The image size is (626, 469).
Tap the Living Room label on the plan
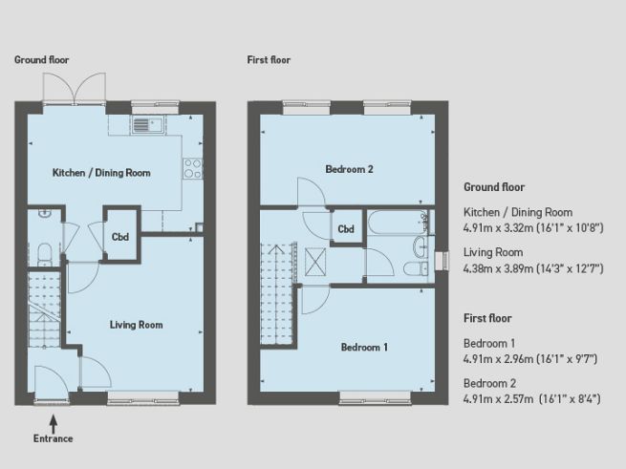(x=136, y=325)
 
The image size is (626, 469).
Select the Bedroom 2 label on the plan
(x=349, y=169)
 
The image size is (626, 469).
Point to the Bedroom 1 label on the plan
(x=364, y=347)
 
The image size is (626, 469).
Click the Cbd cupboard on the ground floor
(x=121, y=236)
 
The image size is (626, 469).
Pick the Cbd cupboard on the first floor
(x=346, y=229)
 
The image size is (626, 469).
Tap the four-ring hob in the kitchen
(x=192, y=168)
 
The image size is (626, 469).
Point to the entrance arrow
(x=53, y=420)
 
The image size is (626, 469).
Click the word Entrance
(x=53, y=439)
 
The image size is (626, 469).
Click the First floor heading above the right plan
(x=269, y=59)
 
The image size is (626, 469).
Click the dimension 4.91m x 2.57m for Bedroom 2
(x=531, y=399)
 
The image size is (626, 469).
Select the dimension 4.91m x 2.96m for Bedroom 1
(x=530, y=358)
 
